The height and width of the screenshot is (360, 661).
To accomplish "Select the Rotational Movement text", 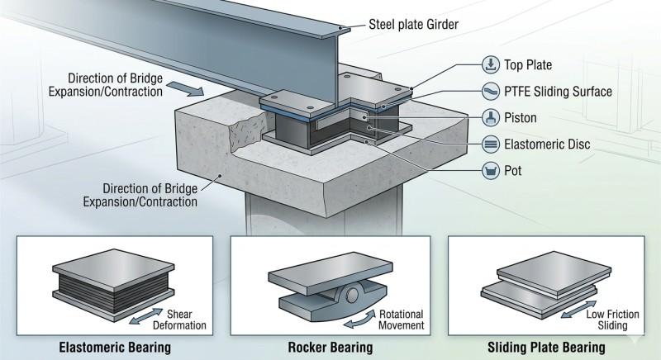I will [402, 320].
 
